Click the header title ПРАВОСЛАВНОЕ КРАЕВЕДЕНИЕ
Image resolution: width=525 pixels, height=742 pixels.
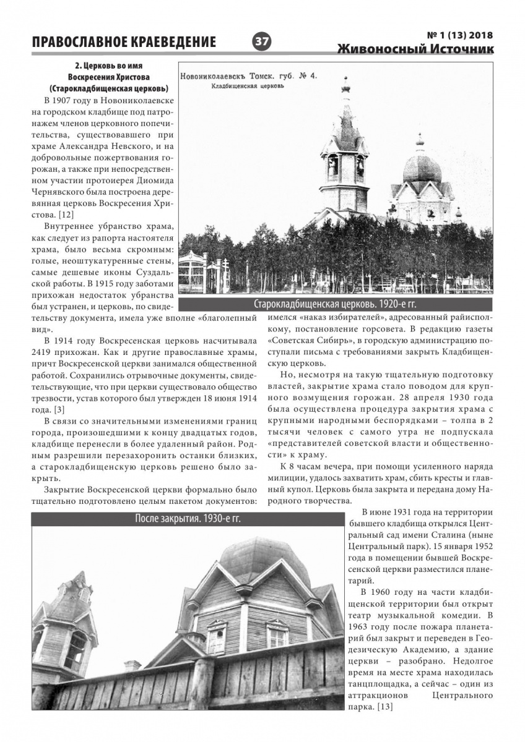pos(124,43)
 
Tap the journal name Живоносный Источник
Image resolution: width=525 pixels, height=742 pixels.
pos(416,50)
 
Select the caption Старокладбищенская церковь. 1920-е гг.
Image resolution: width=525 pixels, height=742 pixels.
pos(336,304)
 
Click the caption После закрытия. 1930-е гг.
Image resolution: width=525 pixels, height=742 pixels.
pos(187,518)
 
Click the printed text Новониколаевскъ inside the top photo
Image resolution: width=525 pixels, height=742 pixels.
pos(222,77)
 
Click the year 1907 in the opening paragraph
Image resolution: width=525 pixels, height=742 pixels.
pos(64,100)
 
